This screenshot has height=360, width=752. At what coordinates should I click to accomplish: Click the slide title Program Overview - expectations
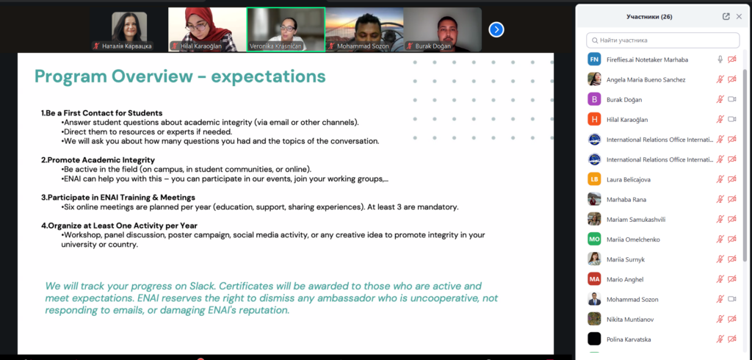point(180,76)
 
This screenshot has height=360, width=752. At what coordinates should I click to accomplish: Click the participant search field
point(663,40)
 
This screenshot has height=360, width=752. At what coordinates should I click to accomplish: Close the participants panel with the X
point(739,16)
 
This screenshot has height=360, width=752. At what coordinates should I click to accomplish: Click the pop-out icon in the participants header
point(726,16)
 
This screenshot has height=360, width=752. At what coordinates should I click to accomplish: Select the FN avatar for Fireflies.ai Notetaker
point(594,59)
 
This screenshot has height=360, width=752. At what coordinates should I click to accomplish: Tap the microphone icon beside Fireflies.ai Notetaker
point(720,59)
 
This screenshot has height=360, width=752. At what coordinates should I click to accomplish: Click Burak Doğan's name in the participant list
point(624,99)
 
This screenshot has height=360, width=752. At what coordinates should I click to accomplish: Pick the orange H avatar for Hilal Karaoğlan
point(594,119)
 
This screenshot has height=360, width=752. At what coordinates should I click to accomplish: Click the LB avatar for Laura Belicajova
point(594,179)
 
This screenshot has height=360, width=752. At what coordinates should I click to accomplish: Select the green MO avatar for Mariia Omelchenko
point(594,239)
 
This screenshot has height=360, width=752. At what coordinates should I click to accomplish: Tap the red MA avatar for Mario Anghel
point(594,279)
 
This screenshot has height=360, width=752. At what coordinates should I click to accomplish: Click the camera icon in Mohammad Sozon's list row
point(732,299)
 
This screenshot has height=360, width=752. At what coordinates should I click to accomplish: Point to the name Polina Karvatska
point(629,339)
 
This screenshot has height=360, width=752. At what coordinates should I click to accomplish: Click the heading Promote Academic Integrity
point(98,160)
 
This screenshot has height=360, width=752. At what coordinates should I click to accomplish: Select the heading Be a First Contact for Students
point(101,113)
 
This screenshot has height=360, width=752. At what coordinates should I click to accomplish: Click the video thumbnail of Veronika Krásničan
point(286,29)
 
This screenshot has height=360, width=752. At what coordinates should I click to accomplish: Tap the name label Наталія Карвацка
point(126,46)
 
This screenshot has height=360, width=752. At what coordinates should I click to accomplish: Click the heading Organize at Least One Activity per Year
point(120,226)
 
